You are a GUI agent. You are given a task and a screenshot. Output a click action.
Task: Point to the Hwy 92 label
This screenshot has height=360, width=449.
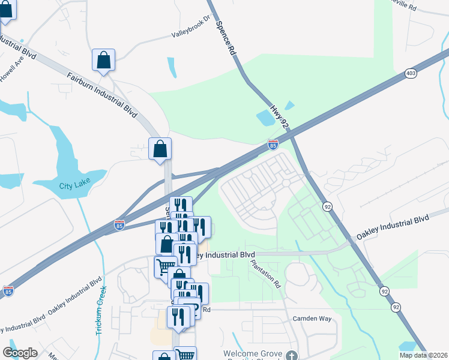pyautogui.click(x=275, y=113)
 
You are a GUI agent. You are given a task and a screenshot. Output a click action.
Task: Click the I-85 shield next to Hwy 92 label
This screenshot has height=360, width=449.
pyautogui.click(x=273, y=145)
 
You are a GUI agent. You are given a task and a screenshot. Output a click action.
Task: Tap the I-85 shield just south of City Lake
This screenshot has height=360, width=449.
pyautogui.click(x=119, y=226)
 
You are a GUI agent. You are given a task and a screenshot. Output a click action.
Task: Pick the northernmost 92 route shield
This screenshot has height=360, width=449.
pyautogui.click(x=327, y=206)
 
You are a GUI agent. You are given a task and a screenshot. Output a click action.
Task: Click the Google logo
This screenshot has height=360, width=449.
pyautogui.click(x=20, y=352)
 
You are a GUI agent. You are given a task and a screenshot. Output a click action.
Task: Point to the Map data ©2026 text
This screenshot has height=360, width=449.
pyautogui.click(x=423, y=355)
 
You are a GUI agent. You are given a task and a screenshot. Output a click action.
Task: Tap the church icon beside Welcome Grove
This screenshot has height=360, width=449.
pyautogui.click(x=292, y=355)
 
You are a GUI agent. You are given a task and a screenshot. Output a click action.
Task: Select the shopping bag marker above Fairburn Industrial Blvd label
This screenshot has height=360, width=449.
pyautogui.click(x=103, y=61)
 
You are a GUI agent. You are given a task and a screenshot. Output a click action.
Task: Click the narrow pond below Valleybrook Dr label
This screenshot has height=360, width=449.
pyautogui.click(x=172, y=68)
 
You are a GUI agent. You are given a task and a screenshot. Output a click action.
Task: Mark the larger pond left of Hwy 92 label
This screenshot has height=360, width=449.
pyautogui.click(x=265, y=118)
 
